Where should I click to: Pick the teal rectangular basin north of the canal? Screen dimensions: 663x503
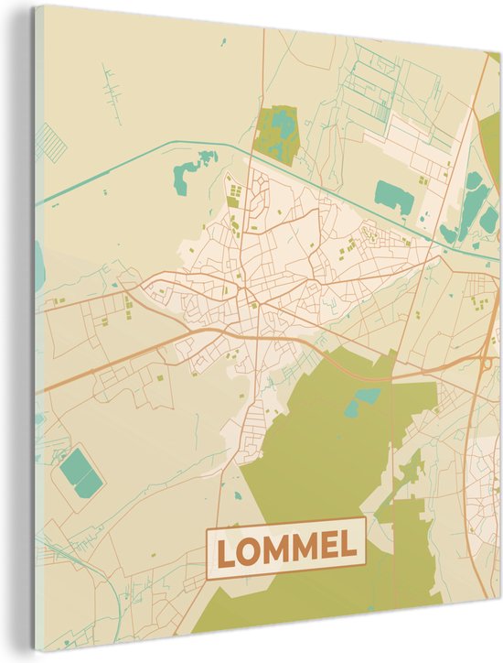[394, 195]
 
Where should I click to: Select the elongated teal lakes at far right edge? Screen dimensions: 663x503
[474, 206]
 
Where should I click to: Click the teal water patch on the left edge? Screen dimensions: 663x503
[39, 266]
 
